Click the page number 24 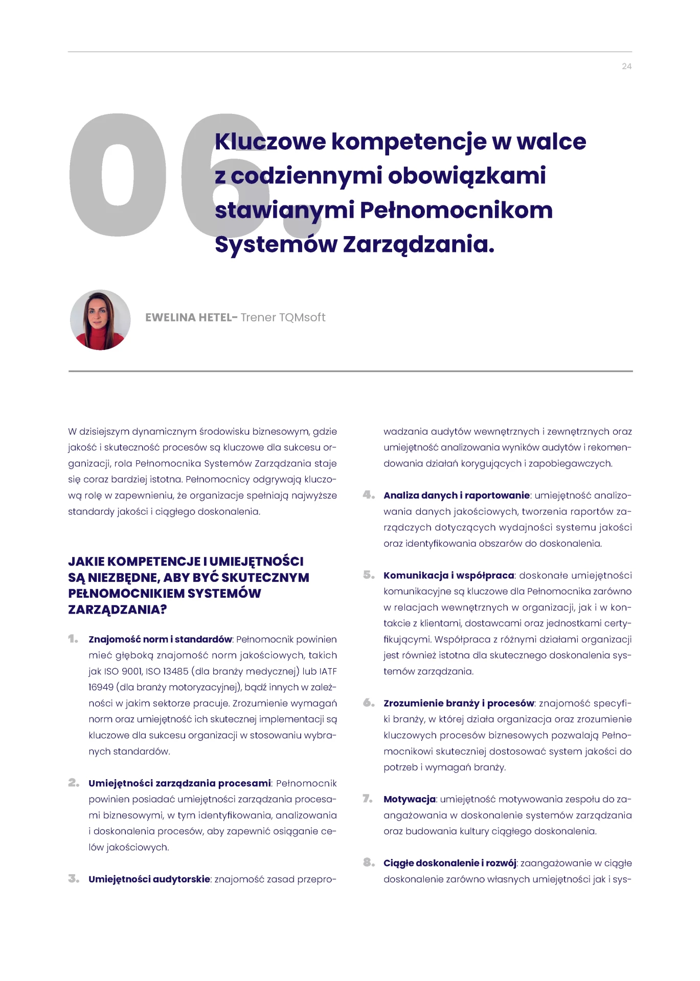(x=626, y=66)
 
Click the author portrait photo (x=100, y=320)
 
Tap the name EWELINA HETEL (x=188, y=318)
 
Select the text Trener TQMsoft (x=283, y=318)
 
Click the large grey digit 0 (x=118, y=175)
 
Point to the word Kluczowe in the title (x=270, y=142)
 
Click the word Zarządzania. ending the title (x=418, y=244)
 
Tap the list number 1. (x=73, y=639)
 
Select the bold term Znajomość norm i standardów (x=160, y=639)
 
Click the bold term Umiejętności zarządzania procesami (x=179, y=783)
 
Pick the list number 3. (x=74, y=879)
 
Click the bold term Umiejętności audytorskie (x=149, y=879)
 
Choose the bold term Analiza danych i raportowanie (x=456, y=495)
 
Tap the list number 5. (x=369, y=575)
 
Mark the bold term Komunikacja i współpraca (x=448, y=575)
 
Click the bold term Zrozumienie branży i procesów (x=458, y=703)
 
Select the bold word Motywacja (x=410, y=799)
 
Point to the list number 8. (x=369, y=863)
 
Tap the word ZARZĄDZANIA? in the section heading (x=118, y=610)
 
